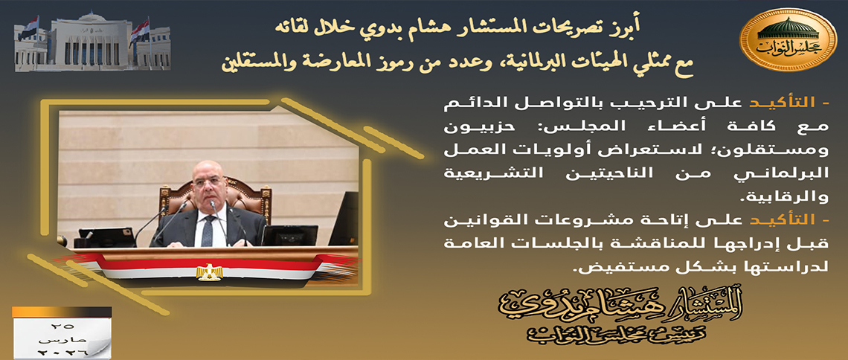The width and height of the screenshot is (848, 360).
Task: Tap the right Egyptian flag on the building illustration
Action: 140,30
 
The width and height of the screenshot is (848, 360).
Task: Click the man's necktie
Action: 207,231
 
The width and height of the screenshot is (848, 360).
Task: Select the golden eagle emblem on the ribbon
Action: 209,272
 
